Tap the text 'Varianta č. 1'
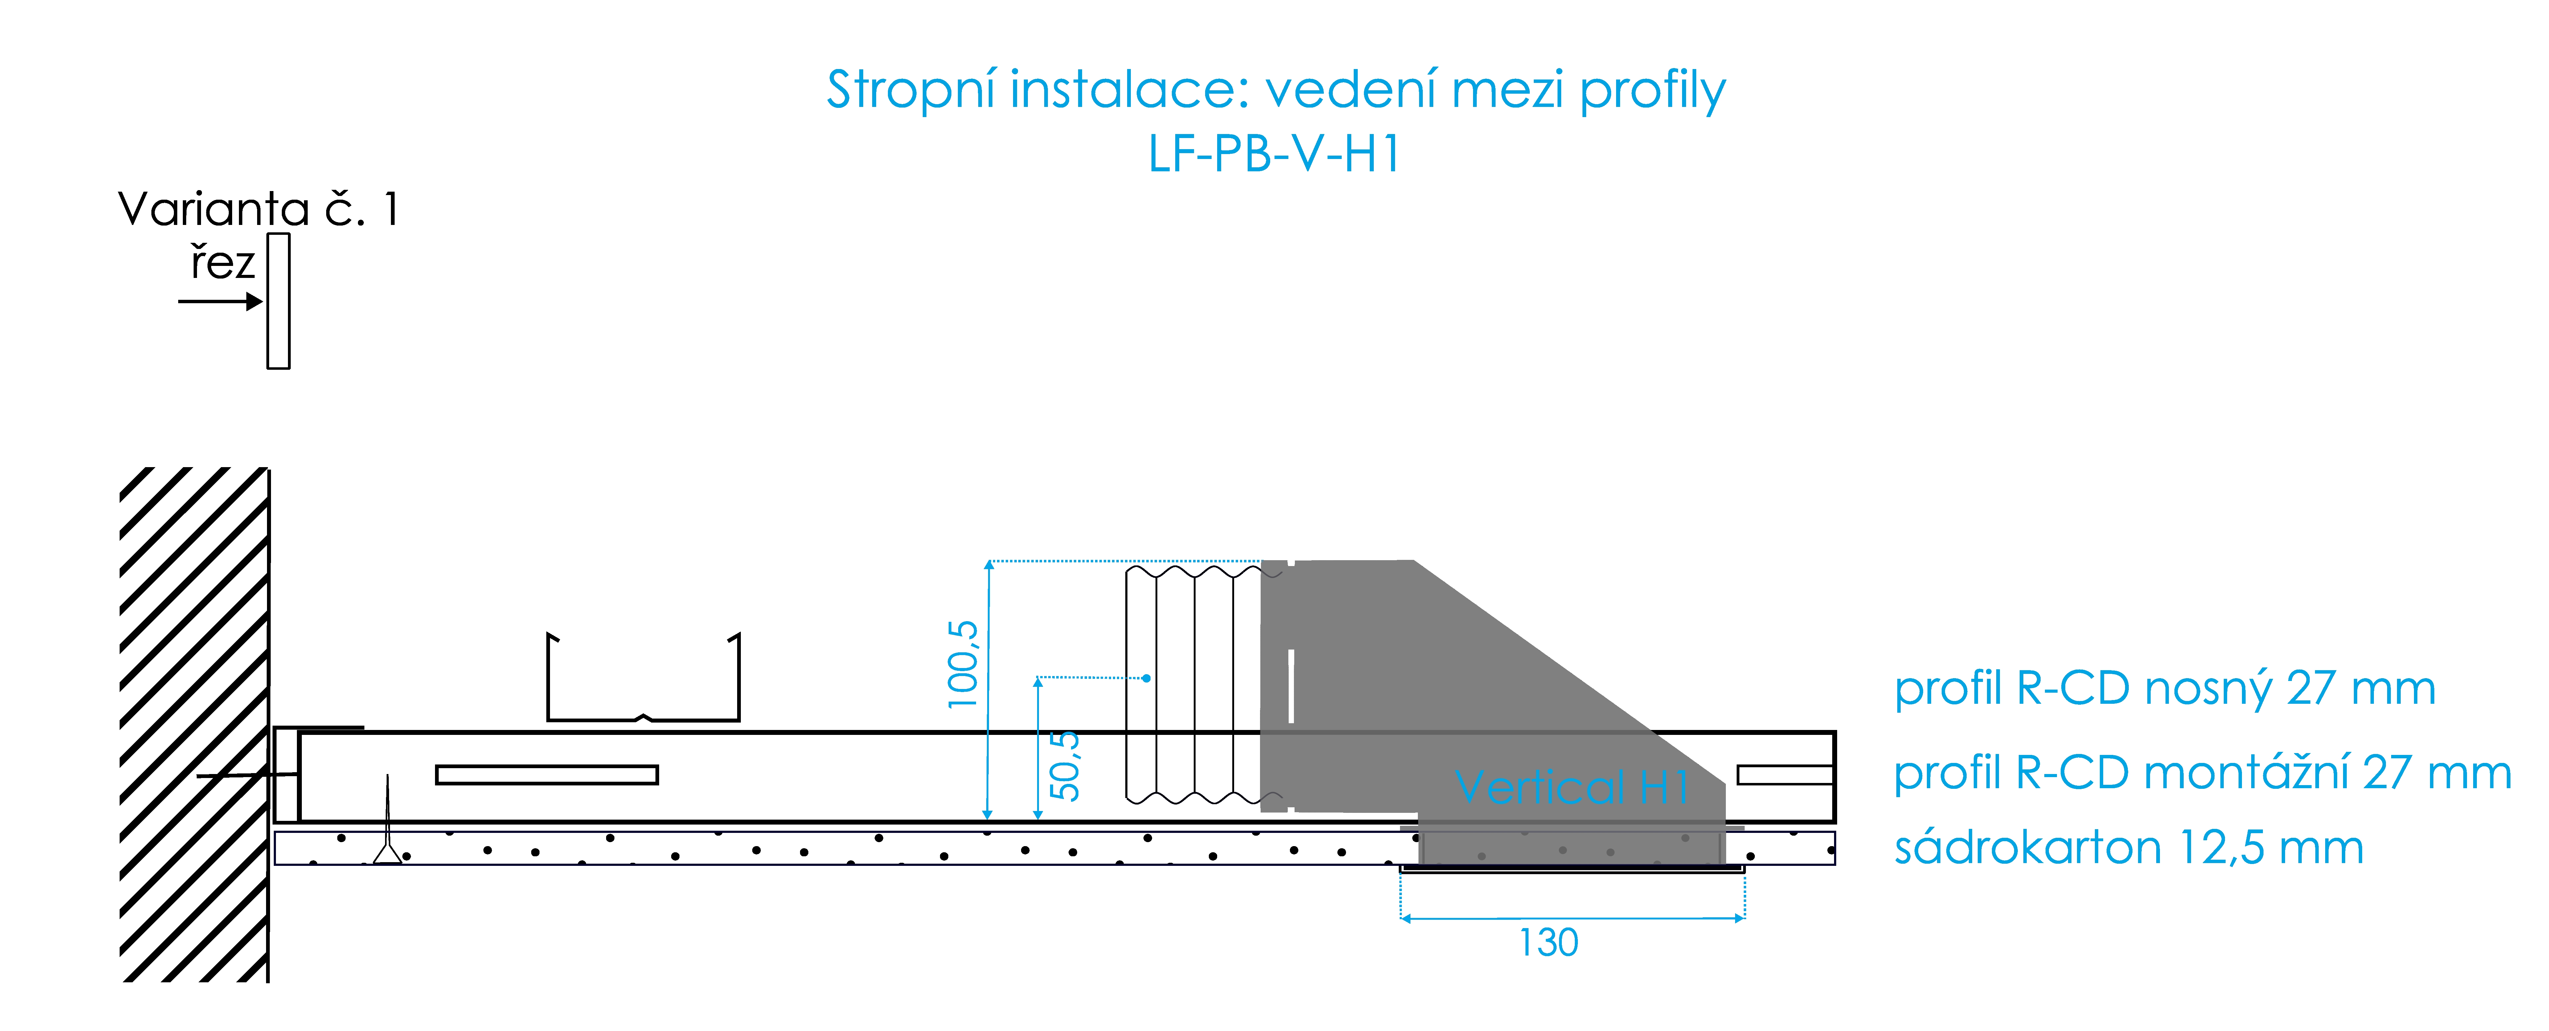(257, 210)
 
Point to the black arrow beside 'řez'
(220, 301)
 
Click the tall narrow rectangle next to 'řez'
(278, 301)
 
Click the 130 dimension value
(1549, 943)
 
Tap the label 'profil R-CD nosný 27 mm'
(2164, 689)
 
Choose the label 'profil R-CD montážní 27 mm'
(2202, 773)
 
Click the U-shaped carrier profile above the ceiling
(643, 693)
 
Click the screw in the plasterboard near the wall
(388, 831)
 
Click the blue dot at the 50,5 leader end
(1146, 678)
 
